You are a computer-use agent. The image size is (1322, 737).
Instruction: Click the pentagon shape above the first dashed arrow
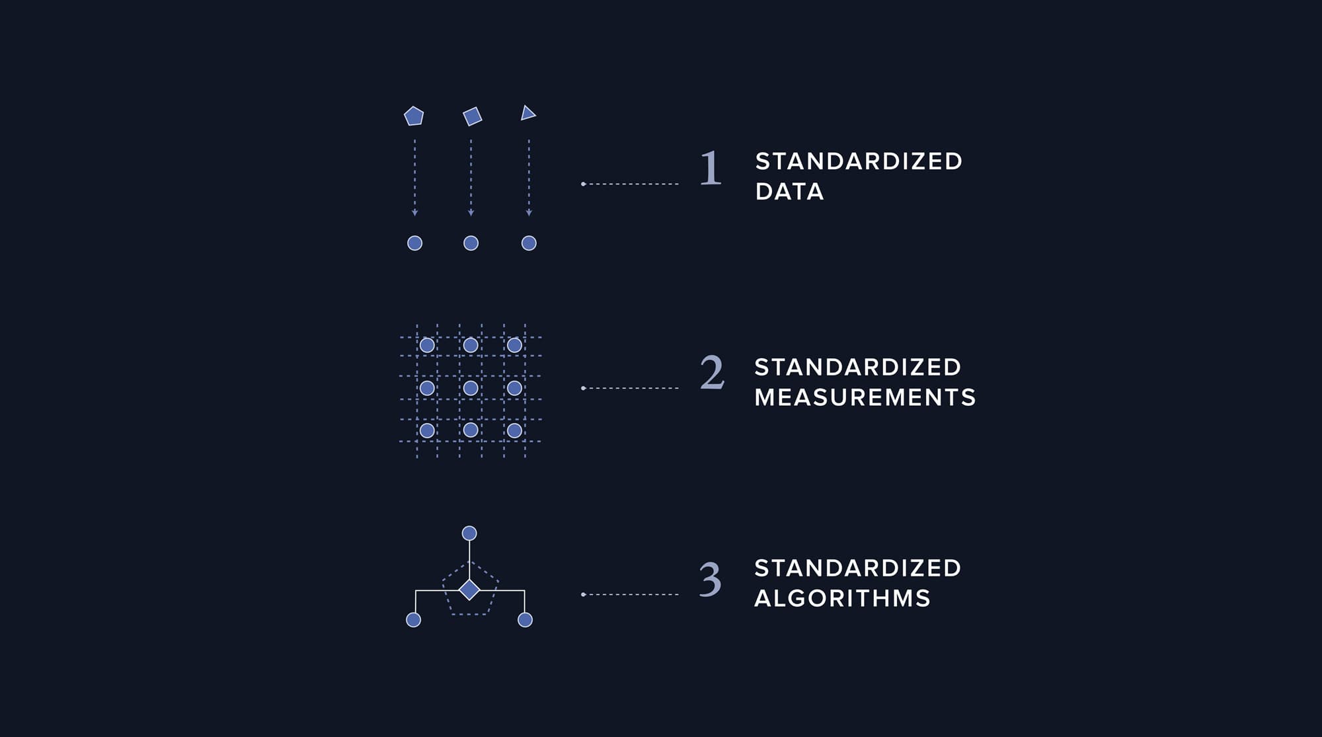tap(414, 116)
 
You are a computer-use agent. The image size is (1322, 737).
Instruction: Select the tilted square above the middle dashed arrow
tap(472, 116)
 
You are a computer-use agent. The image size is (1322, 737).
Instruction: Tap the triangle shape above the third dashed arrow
tap(527, 114)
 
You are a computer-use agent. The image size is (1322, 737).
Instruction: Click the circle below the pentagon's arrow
tap(414, 243)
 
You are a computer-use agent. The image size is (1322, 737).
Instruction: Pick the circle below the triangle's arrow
tap(529, 243)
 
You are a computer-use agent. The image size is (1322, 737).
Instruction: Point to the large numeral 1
tap(711, 168)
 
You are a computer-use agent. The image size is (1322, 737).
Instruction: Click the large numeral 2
tap(712, 372)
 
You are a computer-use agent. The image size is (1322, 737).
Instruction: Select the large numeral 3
tap(711, 579)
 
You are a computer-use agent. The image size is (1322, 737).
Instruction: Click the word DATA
tap(789, 192)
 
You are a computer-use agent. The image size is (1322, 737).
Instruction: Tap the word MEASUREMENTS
tap(865, 397)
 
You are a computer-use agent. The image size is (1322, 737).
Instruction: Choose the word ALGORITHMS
tap(842, 598)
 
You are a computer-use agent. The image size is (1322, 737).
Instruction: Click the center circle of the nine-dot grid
tap(471, 388)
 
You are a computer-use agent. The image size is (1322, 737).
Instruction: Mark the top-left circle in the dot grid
tap(427, 345)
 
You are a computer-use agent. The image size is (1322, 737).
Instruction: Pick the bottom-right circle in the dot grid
tap(514, 431)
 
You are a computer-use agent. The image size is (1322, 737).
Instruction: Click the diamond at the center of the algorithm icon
tap(469, 590)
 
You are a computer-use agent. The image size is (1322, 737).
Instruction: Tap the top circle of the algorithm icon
tap(469, 533)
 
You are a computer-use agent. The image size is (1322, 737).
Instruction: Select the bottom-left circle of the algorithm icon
tap(413, 620)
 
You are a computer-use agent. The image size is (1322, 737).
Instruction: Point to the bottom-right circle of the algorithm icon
tap(525, 620)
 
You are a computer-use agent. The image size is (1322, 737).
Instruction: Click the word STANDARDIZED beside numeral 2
tap(857, 367)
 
